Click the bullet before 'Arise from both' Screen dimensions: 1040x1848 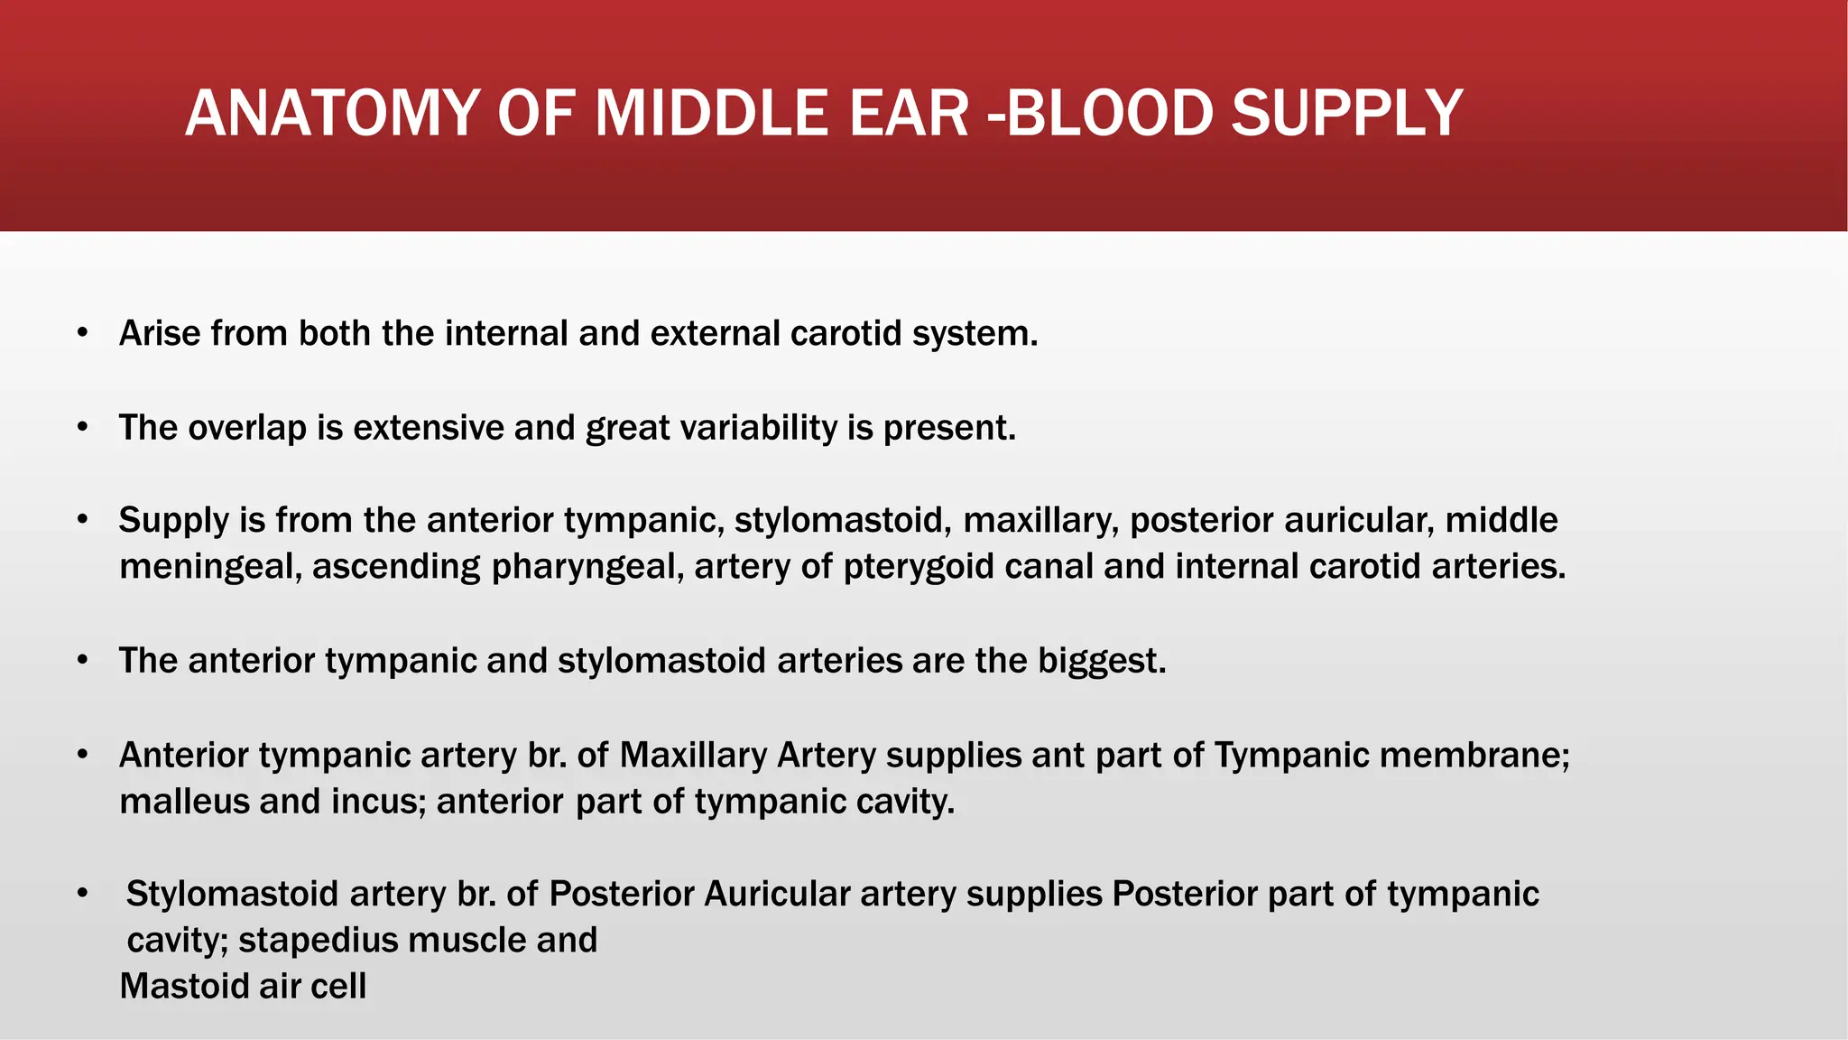coord(83,333)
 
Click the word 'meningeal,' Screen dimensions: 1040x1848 coord(210,567)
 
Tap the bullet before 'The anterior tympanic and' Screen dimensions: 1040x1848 coord(83,661)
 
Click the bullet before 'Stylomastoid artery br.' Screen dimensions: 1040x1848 coord(83,894)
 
